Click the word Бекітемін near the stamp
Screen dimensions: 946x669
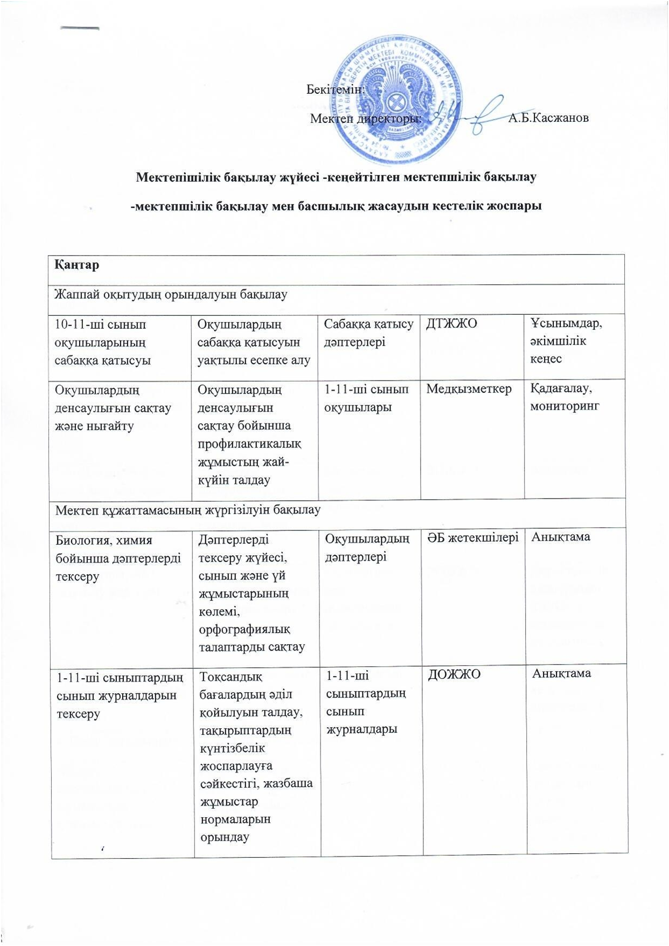(335, 89)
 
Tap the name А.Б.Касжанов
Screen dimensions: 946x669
(548, 118)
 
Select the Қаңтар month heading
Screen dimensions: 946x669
(76, 265)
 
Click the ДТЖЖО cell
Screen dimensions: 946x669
(451, 324)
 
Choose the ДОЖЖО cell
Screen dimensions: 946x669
(454, 674)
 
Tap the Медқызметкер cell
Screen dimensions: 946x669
(469, 389)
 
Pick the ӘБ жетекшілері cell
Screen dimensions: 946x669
(473, 537)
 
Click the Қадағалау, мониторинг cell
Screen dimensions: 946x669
(565, 397)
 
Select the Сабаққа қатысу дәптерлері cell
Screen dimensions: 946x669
(368, 333)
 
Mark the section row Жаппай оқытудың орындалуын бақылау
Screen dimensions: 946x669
(171, 295)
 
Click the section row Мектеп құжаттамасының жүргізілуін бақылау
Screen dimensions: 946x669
(187, 510)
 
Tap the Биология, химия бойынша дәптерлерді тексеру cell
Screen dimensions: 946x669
(118, 558)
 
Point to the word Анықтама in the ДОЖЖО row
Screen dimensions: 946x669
(562, 673)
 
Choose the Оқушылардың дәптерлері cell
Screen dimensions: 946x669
(366, 548)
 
